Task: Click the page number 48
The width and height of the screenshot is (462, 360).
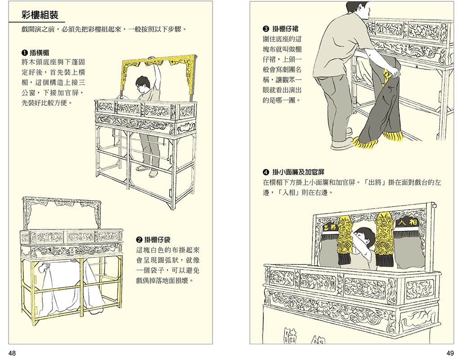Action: point(12,353)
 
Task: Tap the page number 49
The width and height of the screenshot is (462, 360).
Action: point(450,353)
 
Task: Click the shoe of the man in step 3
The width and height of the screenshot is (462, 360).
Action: point(342,144)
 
